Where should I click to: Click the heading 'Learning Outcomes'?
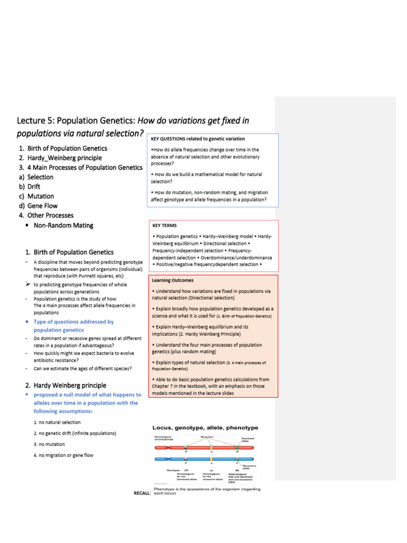pyautogui.click(x=173, y=280)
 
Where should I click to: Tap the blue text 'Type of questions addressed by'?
pyautogui.click(x=74, y=322)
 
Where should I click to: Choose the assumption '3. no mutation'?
pyautogui.click(x=49, y=444)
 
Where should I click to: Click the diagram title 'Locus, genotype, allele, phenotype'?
pyautogui.click(x=205, y=427)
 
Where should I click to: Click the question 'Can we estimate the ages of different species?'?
pyautogui.click(x=83, y=369)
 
